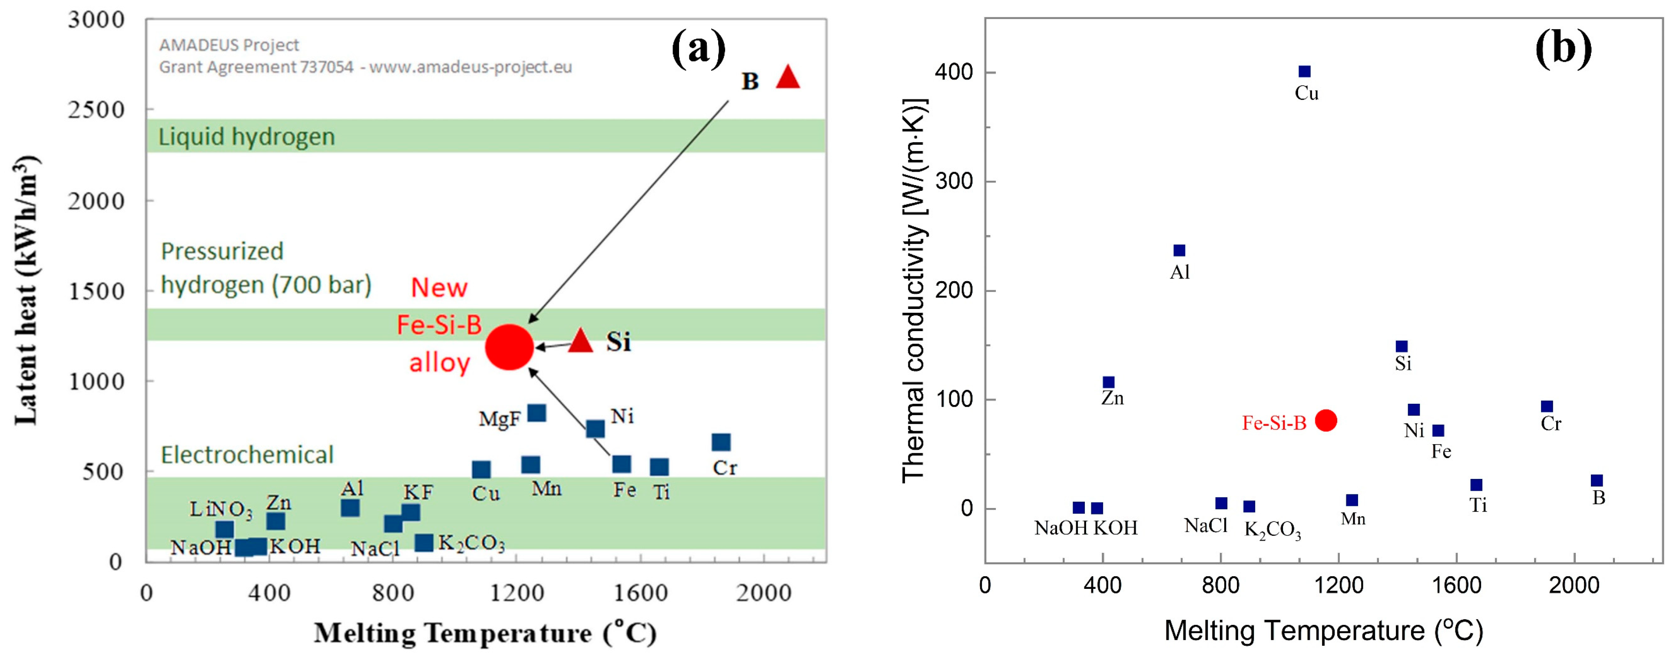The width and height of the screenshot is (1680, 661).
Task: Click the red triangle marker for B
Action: click(x=788, y=78)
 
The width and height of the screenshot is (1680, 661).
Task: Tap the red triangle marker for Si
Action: click(x=580, y=341)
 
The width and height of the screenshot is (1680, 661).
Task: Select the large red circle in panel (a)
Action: click(x=509, y=346)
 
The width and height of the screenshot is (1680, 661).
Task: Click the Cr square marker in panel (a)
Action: click(x=721, y=442)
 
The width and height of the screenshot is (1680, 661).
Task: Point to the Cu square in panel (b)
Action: click(x=1304, y=72)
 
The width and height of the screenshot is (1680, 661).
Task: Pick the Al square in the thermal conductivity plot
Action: click(x=1179, y=251)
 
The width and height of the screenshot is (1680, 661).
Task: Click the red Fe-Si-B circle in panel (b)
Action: click(x=1326, y=421)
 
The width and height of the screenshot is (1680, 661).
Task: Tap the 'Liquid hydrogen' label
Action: click(x=246, y=137)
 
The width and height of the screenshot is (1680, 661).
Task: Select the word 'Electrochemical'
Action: click(x=247, y=455)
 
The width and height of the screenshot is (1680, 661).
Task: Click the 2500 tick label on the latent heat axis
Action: click(x=96, y=110)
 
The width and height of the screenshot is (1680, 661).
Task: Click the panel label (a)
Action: click(x=699, y=48)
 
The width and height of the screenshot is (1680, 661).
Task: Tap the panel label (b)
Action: click(x=1563, y=48)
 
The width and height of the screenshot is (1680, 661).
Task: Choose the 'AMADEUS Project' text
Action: click(x=229, y=45)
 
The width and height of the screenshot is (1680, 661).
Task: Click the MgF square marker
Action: click(x=536, y=413)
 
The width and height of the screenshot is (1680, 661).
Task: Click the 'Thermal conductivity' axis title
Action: click(x=915, y=290)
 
